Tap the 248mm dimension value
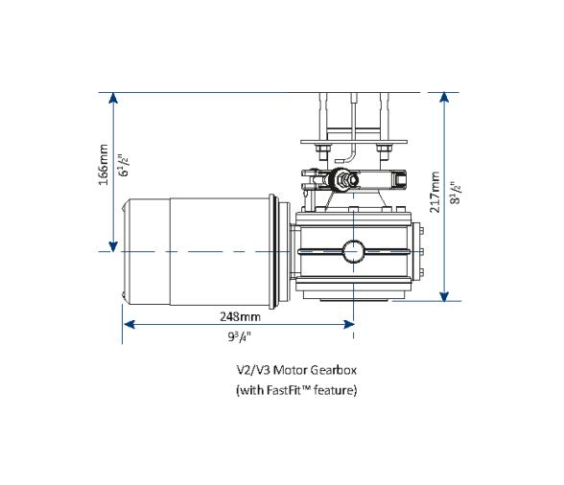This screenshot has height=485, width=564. coord(240,316)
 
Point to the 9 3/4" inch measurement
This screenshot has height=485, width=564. coord(240,336)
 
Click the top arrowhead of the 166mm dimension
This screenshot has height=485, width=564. coord(114,99)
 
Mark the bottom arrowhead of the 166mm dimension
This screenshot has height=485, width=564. coord(114,246)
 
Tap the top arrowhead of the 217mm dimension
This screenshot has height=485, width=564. coord(444,99)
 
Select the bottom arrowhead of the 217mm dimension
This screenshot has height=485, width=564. coord(444,294)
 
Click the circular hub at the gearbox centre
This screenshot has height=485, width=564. coord(355,252)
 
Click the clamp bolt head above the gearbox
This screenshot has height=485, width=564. coord(341,179)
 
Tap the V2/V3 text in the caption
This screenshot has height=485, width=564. coord(251,369)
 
